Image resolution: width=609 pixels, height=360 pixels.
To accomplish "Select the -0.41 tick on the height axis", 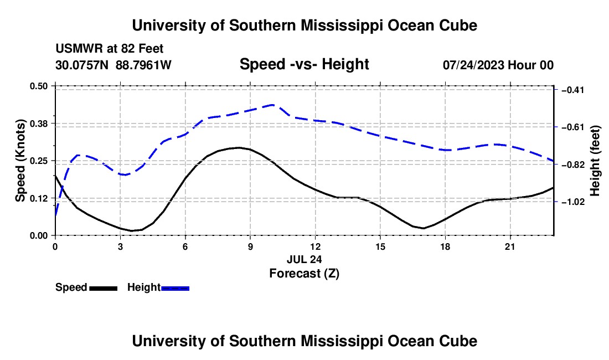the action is pyautogui.click(x=573, y=90).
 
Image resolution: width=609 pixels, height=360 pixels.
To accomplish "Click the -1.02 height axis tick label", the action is pyautogui.click(x=573, y=202).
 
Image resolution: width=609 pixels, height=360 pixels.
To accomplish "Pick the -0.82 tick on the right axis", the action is pyautogui.click(x=573, y=164).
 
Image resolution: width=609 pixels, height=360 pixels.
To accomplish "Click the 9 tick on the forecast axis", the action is pyautogui.click(x=250, y=246).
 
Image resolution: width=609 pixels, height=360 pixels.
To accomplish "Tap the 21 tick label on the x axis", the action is pyautogui.click(x=510, y=246).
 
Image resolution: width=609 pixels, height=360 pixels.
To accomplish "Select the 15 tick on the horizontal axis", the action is pyautogui.click(x=380, y=246).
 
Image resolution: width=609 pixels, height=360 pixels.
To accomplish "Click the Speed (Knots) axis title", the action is pyautogui.click(x=20, y=161).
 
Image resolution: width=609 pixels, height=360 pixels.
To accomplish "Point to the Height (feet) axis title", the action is pyautogui.click(x=595, y=161).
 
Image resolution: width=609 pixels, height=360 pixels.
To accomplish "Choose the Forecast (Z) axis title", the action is pyautogui.click(x=304, y=274).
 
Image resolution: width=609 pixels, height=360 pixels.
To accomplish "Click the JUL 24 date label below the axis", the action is pyautogui.click(x=304, y=259).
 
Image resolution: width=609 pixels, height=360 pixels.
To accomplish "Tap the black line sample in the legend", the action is pyautogui.click(x=104, y=288).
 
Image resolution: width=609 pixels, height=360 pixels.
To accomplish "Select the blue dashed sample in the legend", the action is pyautogui.click(x=175, y=288).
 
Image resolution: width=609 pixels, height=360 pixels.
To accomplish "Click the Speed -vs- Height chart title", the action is pyautogui.click(x=304, y=64).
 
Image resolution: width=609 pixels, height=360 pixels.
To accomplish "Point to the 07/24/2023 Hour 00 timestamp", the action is pyautogui.click(x=498, y=65).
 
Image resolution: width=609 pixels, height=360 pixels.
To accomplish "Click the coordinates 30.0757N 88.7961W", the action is pyautogui.click(x=113, y=65).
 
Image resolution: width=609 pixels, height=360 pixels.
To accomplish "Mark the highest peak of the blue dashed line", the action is pyautogui.click(x=272, y=105).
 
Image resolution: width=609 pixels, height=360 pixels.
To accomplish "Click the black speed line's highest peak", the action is pyautogui.click(x=239, y=147).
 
